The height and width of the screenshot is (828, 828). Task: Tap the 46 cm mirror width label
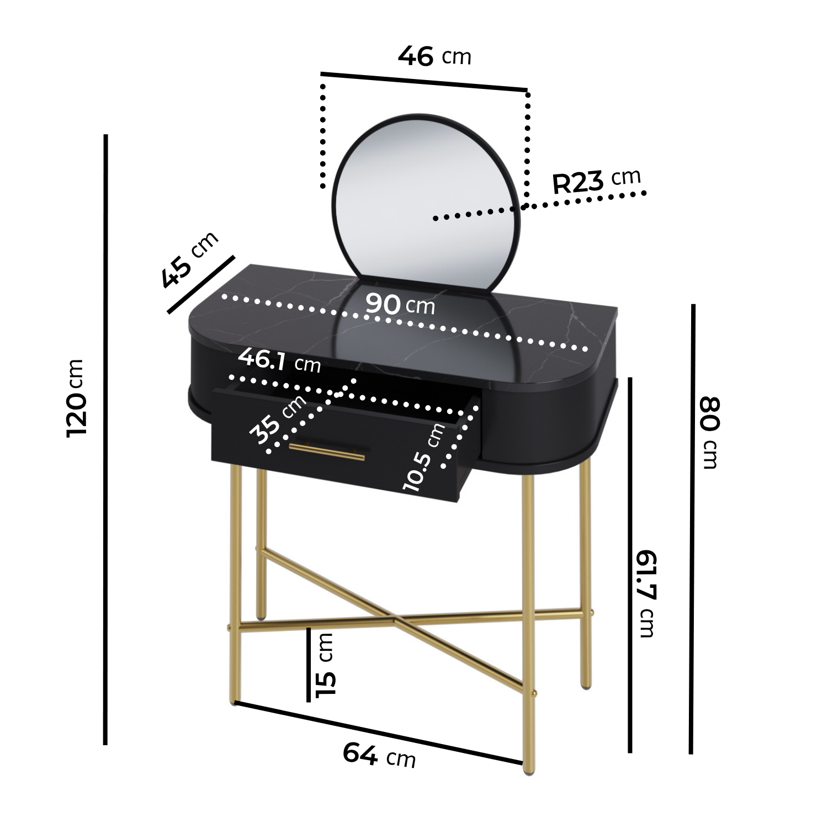click(434, 56)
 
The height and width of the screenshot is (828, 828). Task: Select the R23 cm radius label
click(597, 181)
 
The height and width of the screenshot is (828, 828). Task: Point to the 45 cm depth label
click(190, 259)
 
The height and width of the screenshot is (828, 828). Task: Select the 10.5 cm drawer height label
click(424, 457)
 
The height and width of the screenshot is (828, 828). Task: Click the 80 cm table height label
click(709, 432)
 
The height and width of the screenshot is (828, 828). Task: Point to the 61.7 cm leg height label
click(646, 593)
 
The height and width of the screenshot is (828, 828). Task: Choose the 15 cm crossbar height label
click(326, 665)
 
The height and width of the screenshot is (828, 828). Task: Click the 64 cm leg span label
click(379, 755)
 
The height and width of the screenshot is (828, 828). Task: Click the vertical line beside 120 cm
click(105, 439)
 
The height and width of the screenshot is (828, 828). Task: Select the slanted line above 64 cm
click(379, 733)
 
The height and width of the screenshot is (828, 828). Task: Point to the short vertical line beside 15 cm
click(309, 665)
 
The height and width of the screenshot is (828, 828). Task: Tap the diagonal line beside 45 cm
click(201, 284)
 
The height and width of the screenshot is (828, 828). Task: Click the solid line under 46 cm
click(424, 81)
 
